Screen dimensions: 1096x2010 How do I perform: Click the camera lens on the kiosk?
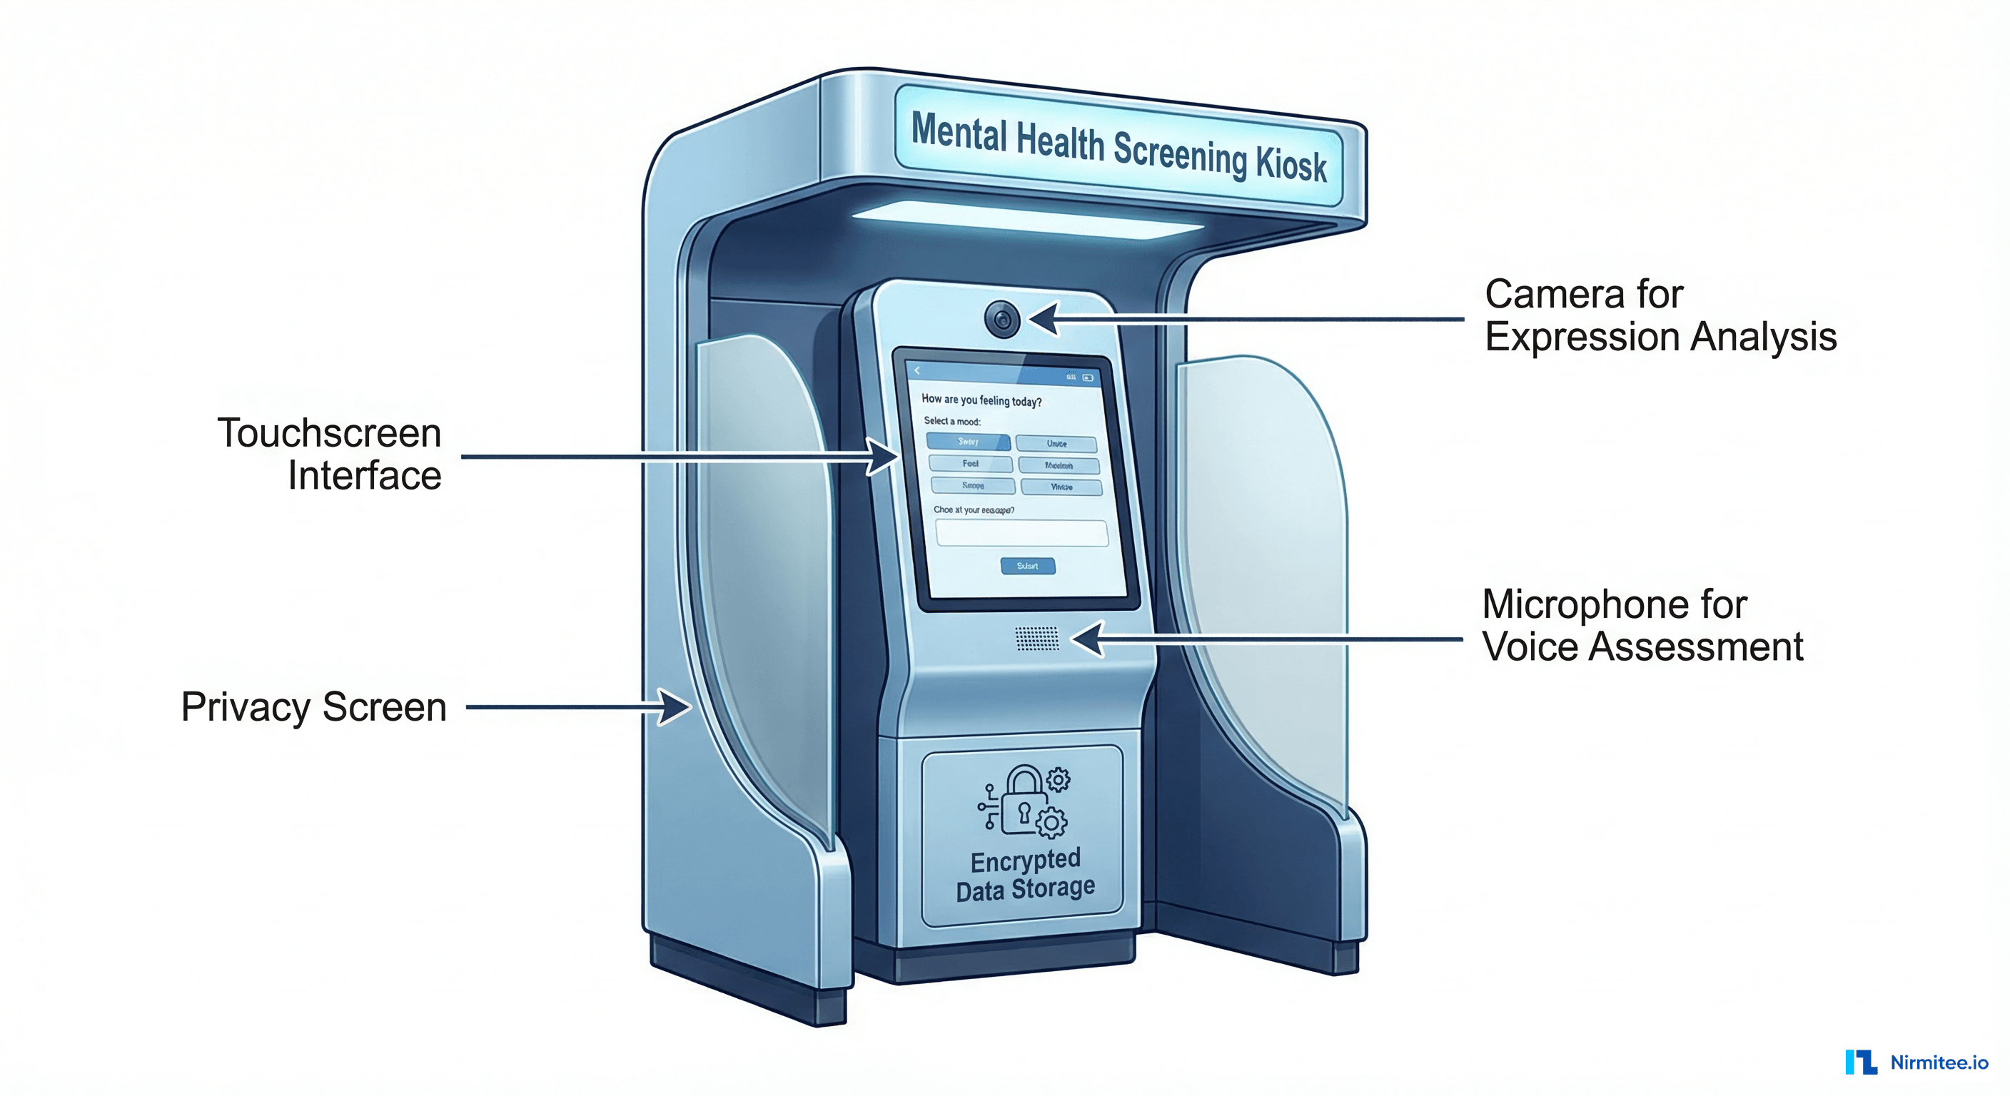(1002, 318)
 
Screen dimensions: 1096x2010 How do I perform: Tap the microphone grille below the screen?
(1037, 638)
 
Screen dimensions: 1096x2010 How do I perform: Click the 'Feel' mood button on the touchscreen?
(970, 463)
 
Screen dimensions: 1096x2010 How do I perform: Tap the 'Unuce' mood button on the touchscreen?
(1056, 444)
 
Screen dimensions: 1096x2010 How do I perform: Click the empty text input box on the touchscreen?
(1021, 534)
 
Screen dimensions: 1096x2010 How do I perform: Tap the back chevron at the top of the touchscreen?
(918, 370)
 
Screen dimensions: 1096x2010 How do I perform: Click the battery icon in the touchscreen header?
(1088, 377)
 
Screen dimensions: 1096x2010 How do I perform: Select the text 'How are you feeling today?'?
(981, 400)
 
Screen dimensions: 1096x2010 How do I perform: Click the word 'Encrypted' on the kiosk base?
(1025, 861)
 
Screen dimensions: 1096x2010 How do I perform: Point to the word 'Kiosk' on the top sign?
(1291, 164)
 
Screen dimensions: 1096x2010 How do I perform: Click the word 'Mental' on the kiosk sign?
(959, 133)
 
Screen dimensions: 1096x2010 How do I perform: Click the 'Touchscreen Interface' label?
(330, 454)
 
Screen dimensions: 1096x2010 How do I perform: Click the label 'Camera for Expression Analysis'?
(1660, 315)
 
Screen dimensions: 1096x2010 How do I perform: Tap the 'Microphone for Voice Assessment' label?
(1642, 625)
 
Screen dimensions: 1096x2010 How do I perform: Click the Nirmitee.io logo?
(1916, 1062)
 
